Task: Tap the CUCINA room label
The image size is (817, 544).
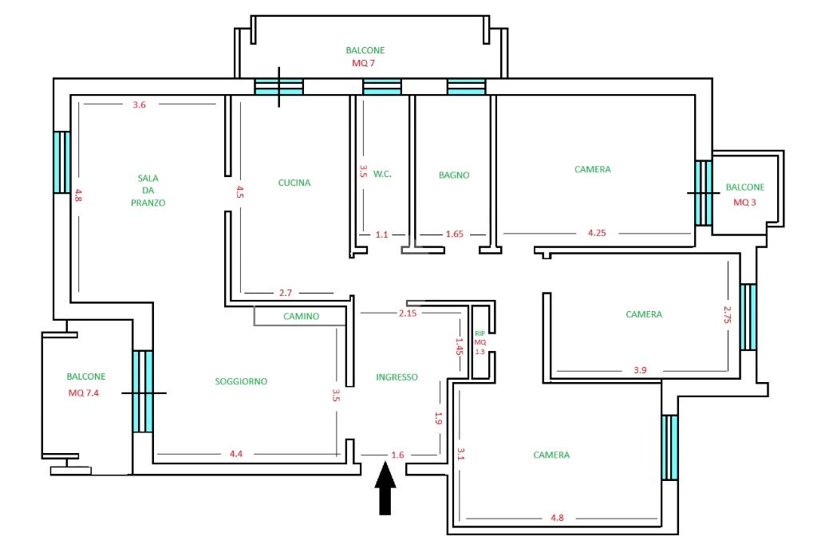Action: point(294,183)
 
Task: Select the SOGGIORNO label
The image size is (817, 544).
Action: point(241,381)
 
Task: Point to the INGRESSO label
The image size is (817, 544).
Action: point(397,376)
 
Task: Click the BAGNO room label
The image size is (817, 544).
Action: point(454,175)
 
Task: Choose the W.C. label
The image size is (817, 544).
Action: point(382,174)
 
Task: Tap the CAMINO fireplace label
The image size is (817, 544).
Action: point(301,317)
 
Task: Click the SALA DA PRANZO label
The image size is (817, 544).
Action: point(148,190)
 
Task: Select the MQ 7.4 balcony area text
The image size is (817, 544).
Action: point(83,393)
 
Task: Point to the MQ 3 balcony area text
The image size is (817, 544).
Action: point(744,202)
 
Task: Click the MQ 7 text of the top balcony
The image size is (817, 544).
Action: point(363,63)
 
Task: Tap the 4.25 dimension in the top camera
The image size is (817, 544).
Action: point(597,233)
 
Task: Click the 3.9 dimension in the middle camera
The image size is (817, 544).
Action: point(641,370)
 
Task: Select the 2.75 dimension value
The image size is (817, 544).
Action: point(728,314)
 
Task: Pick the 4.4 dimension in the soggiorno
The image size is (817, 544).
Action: point(236,454)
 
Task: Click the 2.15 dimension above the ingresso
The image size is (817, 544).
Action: point(408,313)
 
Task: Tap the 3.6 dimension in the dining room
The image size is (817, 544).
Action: point(139,104)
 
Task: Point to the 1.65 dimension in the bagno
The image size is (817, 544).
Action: point(454,234)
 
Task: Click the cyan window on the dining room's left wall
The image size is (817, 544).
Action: point(62,162)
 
